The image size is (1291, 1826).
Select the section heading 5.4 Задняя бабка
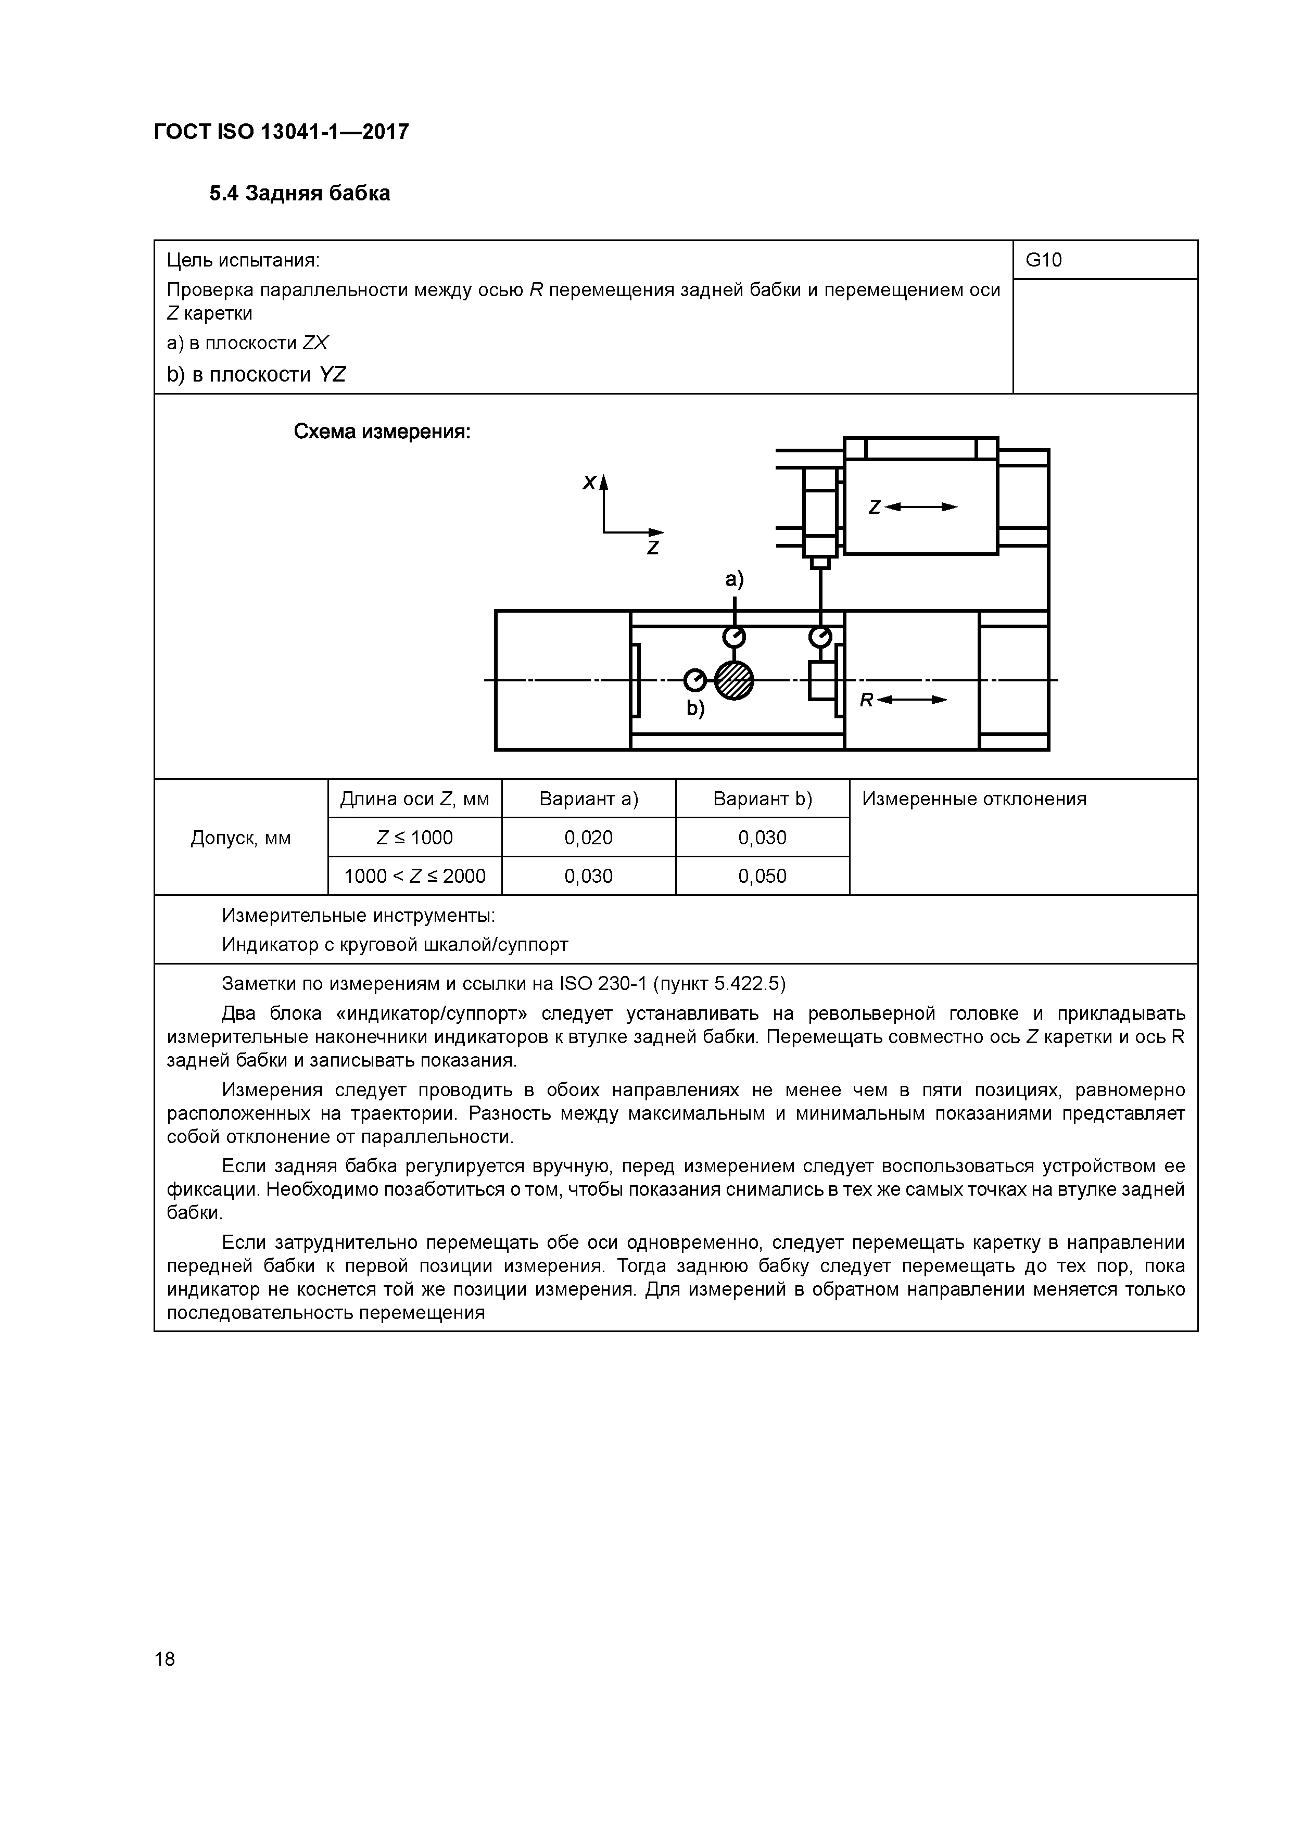(x=299, y=193)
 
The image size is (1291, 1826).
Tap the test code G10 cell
(x=1044, y=260)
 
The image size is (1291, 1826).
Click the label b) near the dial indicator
(x=696, y=708)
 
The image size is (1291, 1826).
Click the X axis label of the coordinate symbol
(x=589, y=483)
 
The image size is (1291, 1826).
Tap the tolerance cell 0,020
(x=589, y=838)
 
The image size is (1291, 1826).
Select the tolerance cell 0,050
(x=762, y=877)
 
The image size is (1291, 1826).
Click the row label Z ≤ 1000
(x=414, y=838)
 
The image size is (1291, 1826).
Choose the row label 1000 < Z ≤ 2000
(x=414, y=877)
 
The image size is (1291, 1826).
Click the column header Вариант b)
(x=762, y=798)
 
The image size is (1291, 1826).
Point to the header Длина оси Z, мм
(x=414, y=798)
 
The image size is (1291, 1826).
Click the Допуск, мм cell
(x=241, y=838)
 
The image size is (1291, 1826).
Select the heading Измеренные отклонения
(x=974, y=798)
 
